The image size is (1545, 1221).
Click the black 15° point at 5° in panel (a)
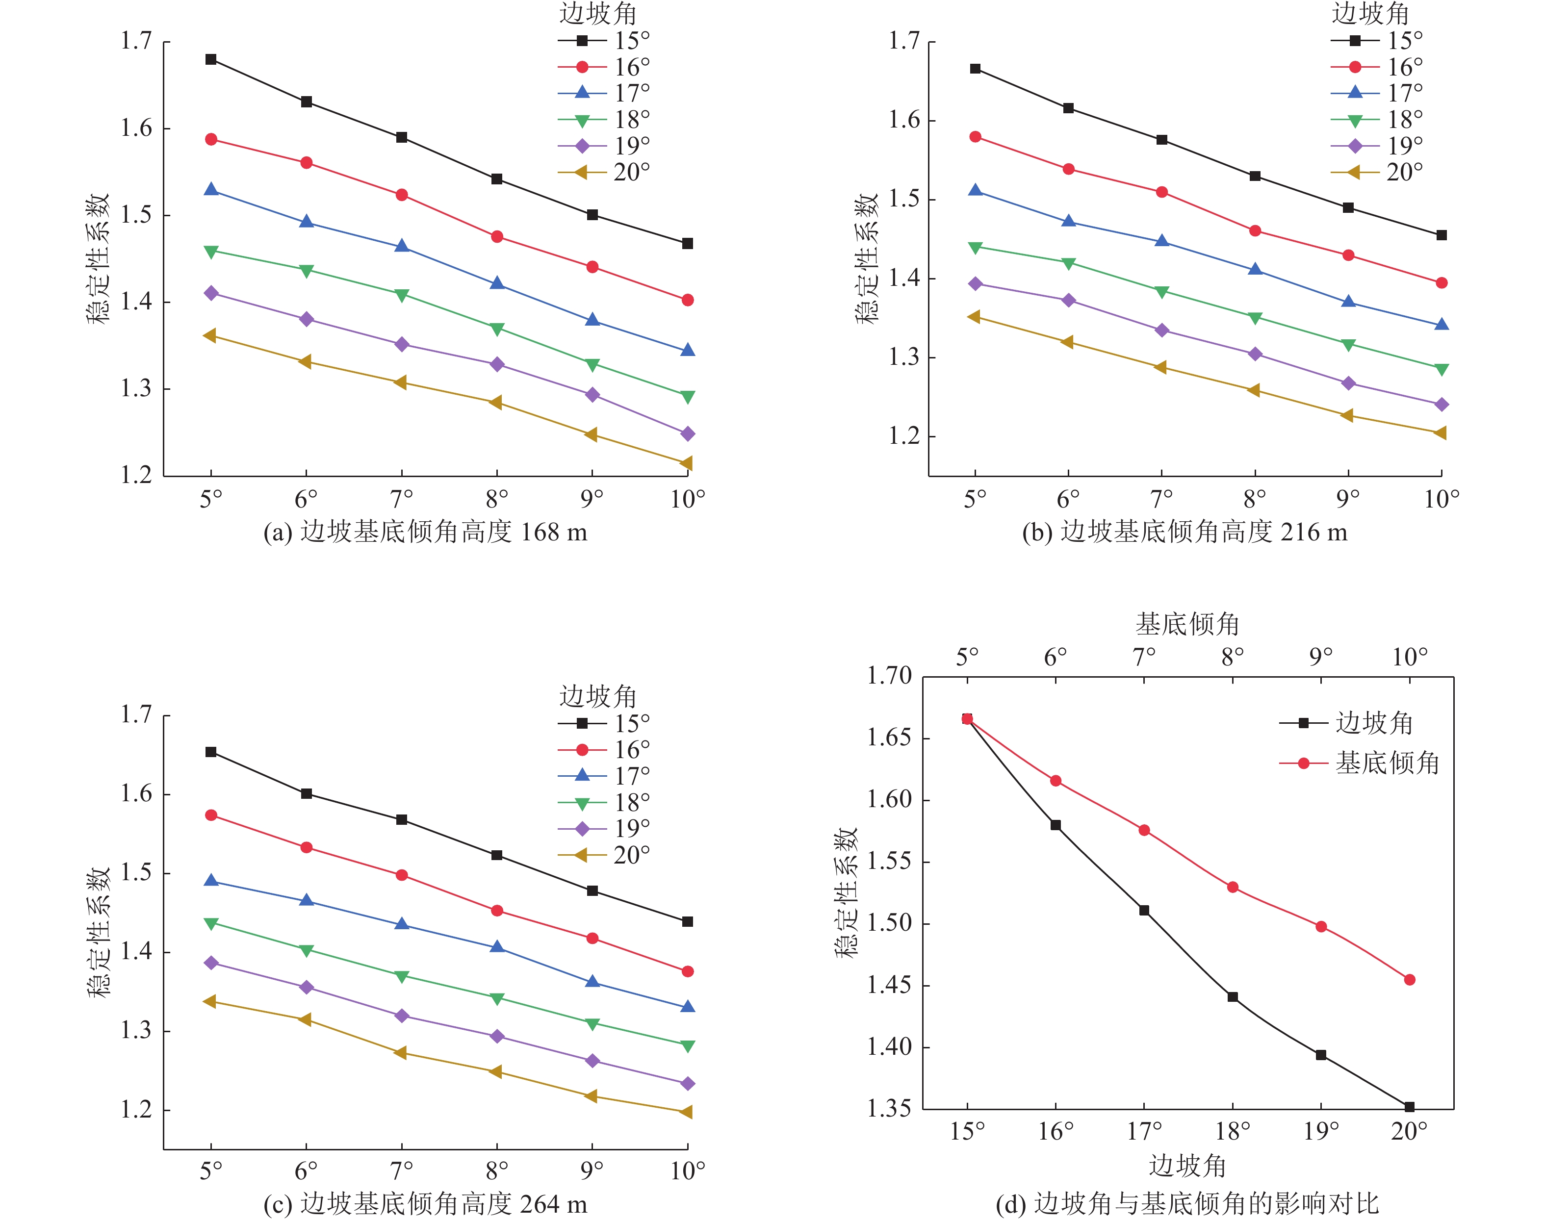[x=211, y=59]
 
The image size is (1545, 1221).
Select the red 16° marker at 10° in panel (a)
[x=688, y=300]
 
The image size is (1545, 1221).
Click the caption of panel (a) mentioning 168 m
[x=425, y=532]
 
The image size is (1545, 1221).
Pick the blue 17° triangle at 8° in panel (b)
[x=1255, y=270]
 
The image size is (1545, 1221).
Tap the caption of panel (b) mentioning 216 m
[x=1184, y=532]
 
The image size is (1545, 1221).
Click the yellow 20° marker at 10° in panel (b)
[x=1441, y=433]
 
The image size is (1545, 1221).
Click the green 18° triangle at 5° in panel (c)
[x=211, y=924]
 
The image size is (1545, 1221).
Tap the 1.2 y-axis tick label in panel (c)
[x=136, y=1110]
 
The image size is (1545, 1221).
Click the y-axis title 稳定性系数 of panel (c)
[x=98, y=933]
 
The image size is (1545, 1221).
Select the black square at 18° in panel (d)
[x=1233, y=996]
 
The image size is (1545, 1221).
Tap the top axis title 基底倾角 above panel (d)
[x=1187, y=624]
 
